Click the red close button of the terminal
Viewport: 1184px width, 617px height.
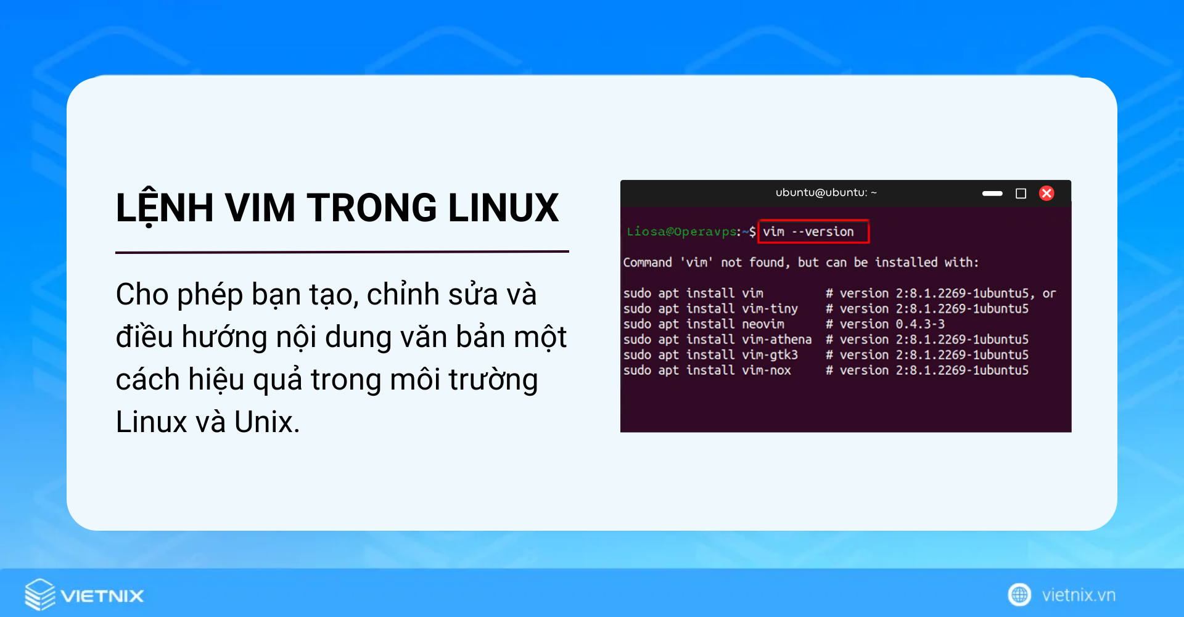point(1046,194)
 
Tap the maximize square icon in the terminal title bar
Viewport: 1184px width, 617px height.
point(1021,194)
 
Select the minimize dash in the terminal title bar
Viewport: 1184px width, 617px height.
point(992,194)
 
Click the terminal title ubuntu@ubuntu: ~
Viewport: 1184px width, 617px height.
point(826,193)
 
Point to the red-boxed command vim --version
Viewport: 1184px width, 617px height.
point(813,232)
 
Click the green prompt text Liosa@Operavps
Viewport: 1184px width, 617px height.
point(681,232)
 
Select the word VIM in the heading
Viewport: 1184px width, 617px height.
point(260,208)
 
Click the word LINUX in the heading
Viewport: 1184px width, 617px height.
point(503,208)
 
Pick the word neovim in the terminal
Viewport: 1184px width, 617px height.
point(763,324)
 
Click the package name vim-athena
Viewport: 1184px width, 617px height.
point(776,340)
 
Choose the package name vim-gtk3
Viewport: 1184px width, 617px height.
point(770,355)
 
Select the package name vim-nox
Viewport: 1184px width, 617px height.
point(766,370)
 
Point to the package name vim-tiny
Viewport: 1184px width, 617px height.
point(770,309)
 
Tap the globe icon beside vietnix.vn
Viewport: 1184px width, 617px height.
point(1019,595)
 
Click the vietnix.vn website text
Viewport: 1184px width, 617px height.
point(1079,595)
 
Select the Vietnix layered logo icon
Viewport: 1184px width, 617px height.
point(40,595)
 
